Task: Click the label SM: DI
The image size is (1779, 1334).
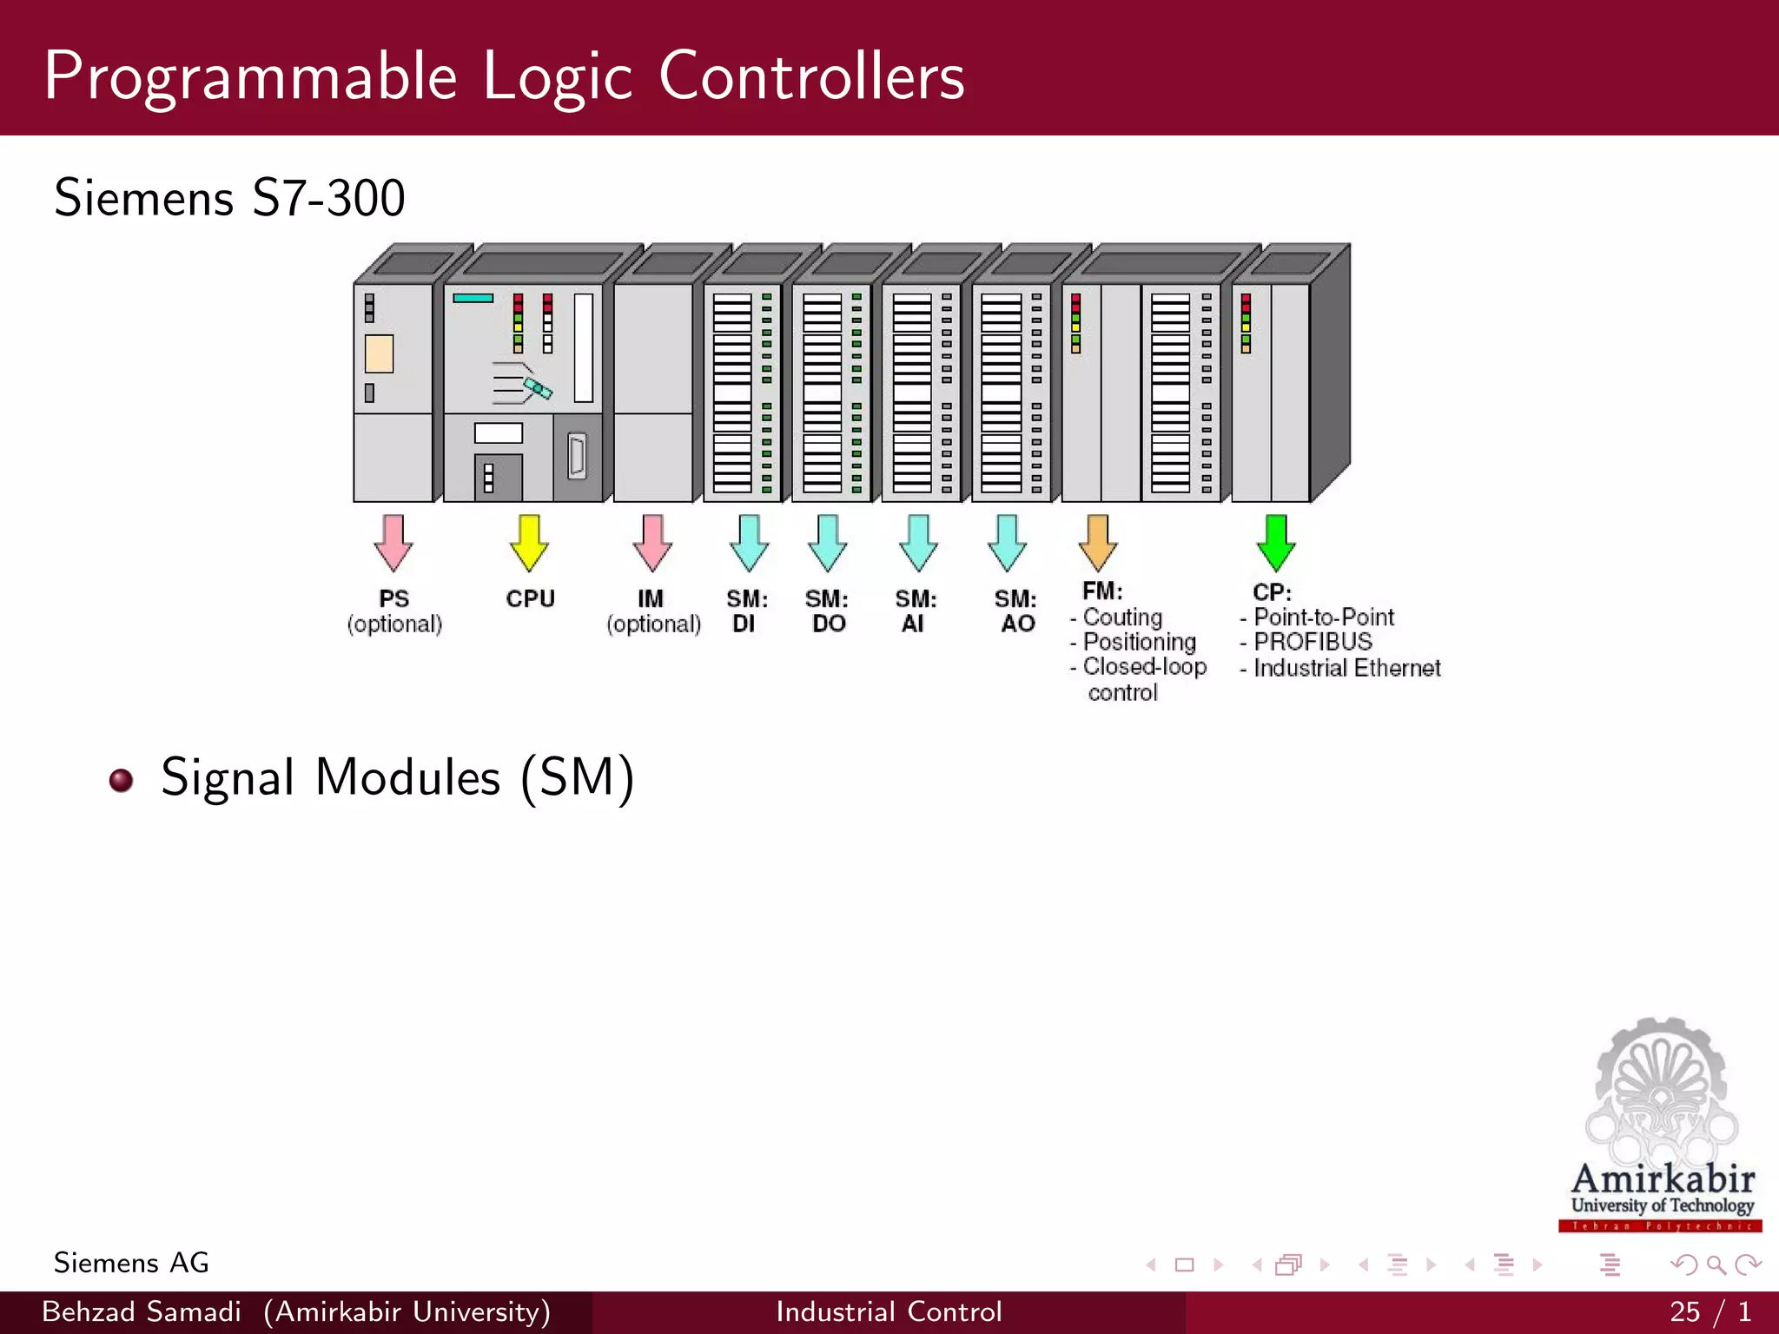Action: point(746,611)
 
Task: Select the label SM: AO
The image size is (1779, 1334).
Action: point(1015,611)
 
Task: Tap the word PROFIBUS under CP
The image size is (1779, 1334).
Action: point(1313,642)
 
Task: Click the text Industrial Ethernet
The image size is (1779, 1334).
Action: point(1346,668)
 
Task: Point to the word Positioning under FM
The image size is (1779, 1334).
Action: point(1139,642)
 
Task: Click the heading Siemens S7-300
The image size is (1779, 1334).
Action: point(229,198)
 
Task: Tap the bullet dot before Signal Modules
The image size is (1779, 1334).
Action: point(122,780)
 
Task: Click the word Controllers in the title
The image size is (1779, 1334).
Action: point(811,76)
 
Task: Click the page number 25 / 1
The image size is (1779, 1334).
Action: point(1710,1311)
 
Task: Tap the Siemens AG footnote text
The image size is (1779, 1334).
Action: point(131,1263)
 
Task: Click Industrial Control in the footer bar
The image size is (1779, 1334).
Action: point(889,1311)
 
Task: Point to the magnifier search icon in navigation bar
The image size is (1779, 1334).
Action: point(1716,1265)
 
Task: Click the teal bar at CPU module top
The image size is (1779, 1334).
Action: point(473,298)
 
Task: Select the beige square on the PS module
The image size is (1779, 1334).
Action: point(380,353)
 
